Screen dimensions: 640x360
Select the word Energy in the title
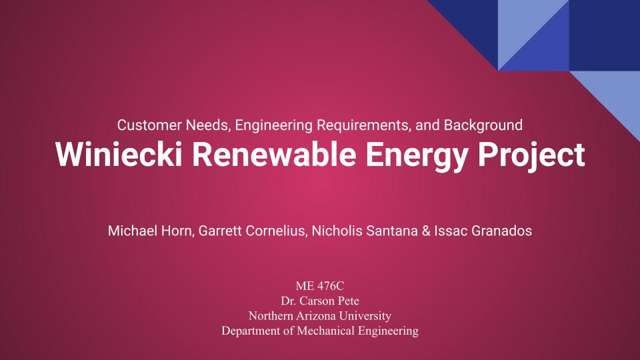(416, 157)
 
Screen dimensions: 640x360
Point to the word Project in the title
(531, 157)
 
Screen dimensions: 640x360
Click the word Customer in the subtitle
(149, 125)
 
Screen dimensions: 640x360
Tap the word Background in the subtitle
(483, 125)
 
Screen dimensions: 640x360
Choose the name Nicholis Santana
(365, 231)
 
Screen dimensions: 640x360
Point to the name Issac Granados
(483, 231)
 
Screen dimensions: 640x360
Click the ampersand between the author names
(426, 231)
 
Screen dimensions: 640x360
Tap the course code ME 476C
(320, 286)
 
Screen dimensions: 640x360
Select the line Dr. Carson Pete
(320, 301)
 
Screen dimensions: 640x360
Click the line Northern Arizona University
(320, 315)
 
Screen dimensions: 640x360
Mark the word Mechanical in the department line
(325, 331)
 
